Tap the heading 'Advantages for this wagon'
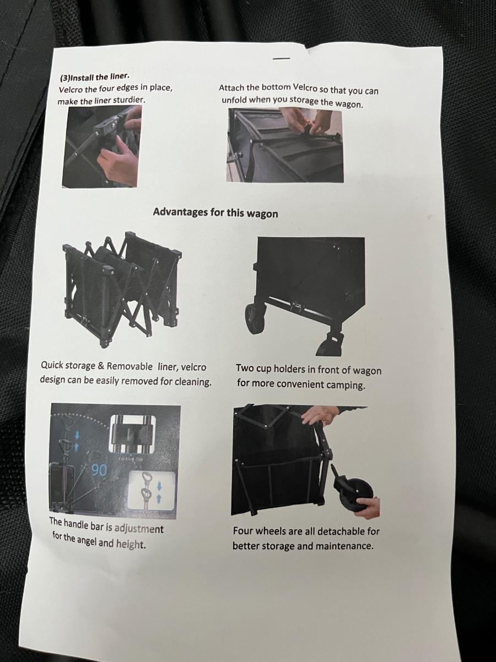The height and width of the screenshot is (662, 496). point(215,212)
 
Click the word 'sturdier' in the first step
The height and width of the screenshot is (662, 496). point(129,100)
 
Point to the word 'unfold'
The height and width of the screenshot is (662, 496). point(234,99)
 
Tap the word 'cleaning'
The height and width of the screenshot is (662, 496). point(193,382)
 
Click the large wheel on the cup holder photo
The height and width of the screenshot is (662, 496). point(256,318)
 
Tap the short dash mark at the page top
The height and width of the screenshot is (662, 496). point(282,58)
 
